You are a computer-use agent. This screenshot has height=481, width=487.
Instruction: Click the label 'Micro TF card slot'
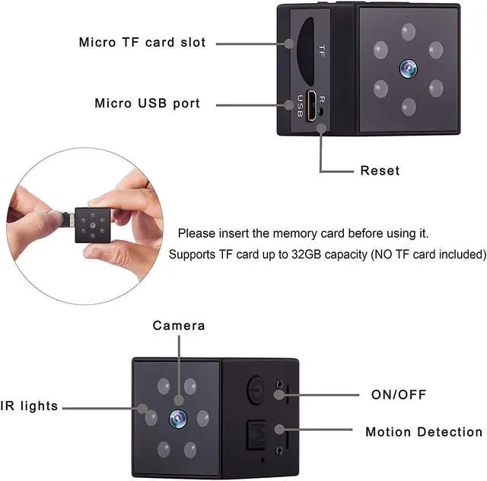click(x=142, y=42)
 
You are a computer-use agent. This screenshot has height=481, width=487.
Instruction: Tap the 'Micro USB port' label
click(x=148, y=103)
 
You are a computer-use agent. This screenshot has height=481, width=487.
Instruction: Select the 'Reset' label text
click(x=380, y=170)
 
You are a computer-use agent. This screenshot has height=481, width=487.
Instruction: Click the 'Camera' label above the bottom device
click(x=179, y=325)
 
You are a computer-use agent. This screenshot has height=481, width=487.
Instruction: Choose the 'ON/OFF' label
click(x=398, y=394)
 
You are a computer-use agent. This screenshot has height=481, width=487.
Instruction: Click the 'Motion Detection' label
click(x=424, y=432)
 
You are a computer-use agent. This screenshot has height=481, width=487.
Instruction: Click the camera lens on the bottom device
click(x=178, y=417)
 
